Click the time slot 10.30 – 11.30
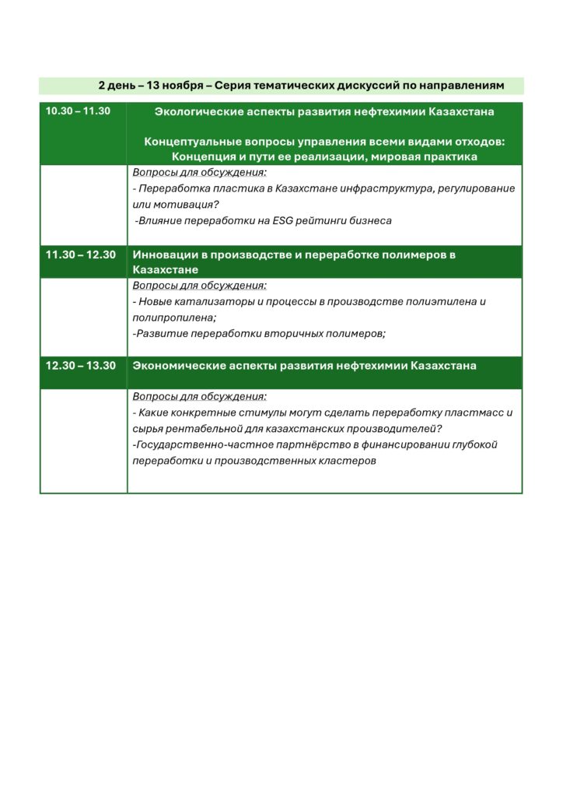78,111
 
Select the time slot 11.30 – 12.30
80,255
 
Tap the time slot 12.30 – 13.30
80,365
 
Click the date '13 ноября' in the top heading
177,85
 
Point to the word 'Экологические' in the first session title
194,112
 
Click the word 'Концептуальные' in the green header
186,141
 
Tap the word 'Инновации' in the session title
161,255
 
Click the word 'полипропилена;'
174,318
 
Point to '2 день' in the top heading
114,85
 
